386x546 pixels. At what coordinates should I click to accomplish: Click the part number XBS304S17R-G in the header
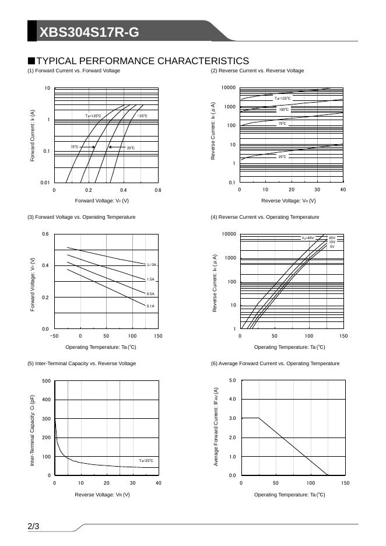pos(89,33)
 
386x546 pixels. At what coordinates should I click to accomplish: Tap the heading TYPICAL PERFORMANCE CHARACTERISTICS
pos(142,61)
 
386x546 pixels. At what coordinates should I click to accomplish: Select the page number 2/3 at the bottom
pos(33,527)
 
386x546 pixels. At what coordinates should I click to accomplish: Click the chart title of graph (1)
pos(73,71)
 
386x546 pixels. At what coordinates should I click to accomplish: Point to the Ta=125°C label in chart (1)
pos(93,116)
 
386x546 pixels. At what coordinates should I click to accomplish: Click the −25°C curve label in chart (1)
pos(142,116)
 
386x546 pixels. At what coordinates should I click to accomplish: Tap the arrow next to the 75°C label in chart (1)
pos(87,147)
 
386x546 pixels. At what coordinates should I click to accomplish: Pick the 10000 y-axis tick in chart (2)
pos(229,88)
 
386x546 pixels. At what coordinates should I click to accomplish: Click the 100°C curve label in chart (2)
pos(283,109)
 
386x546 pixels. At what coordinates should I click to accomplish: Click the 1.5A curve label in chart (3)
pos(150,279)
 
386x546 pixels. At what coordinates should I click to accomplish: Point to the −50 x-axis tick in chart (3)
pos(54,336)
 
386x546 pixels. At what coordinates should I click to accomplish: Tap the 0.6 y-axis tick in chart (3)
pos(45,235)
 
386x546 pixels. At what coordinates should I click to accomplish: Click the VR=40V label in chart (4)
pos(308,238)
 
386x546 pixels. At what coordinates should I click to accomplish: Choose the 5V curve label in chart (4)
pos(332,247)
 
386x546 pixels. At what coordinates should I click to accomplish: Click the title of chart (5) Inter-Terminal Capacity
pos(82,363)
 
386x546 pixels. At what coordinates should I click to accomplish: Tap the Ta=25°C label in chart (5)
pos(145,461)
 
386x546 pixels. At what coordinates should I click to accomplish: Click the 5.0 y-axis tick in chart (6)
pos(232,380)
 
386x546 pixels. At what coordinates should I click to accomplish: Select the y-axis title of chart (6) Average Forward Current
pos(216,426)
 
